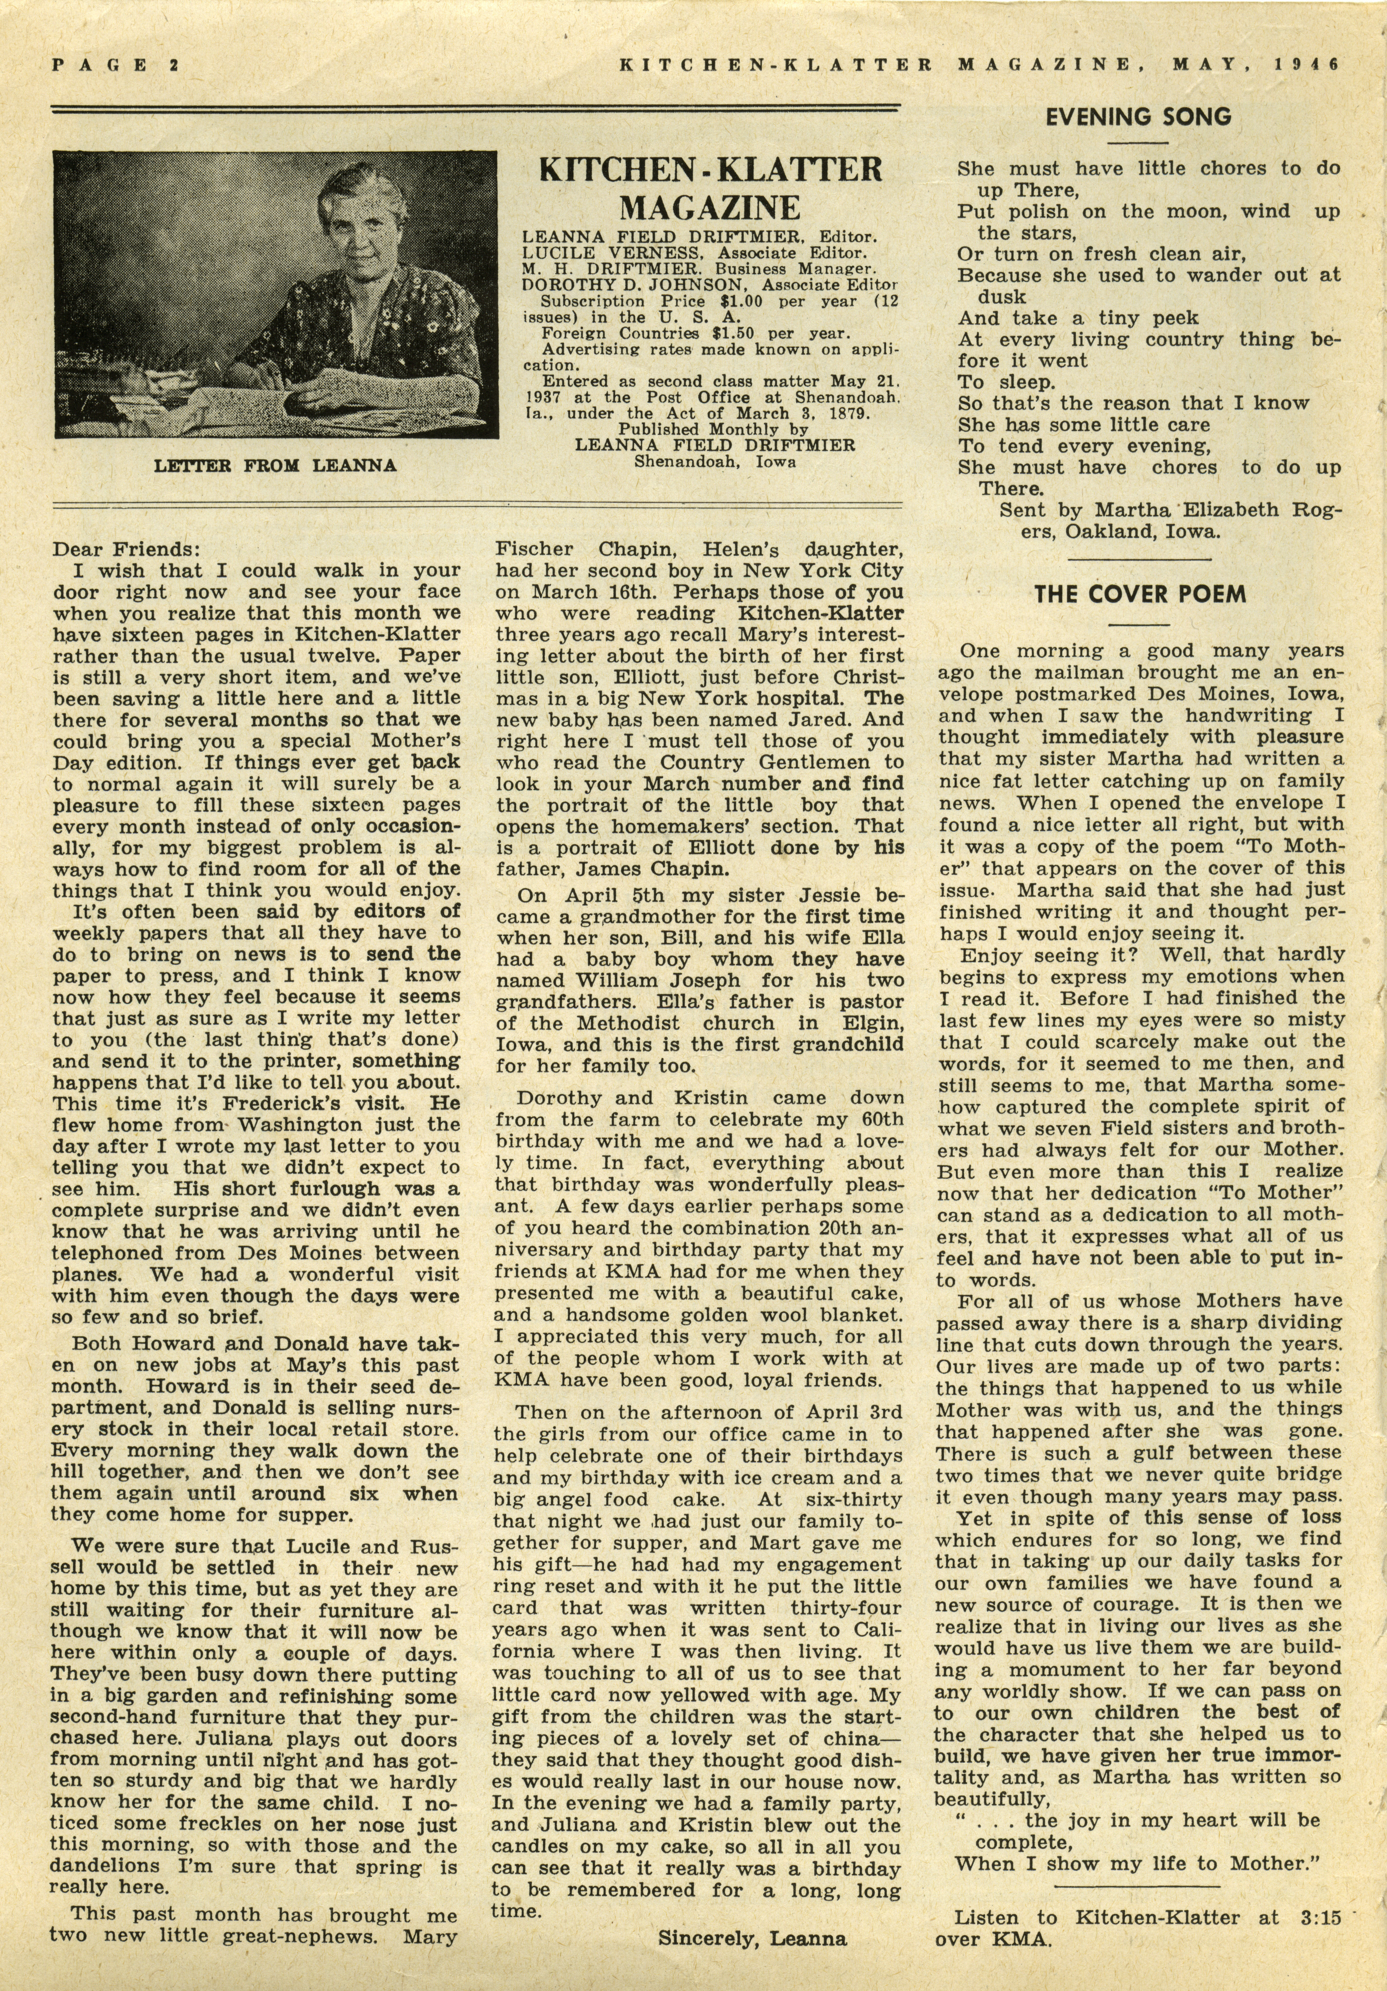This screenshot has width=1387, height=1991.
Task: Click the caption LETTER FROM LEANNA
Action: [x=275, y=466]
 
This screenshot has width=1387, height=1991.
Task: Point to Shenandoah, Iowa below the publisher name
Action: [x=715, y=461]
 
